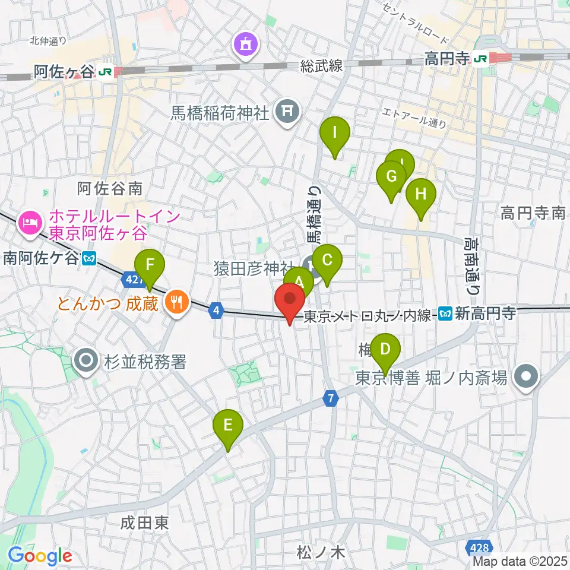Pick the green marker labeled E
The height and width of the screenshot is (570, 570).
click(229, 426)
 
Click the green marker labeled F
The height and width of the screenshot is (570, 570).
click(150, 264)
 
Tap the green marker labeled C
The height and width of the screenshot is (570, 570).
click(327, 261)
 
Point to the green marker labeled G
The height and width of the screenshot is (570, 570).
click(391, 177)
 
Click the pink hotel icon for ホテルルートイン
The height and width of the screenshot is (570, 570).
click(29, 223)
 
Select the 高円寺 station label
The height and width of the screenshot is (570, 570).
click(447, 58)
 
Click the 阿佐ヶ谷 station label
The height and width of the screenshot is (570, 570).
click(64, 72)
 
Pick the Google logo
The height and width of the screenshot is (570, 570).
click(40, 556)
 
